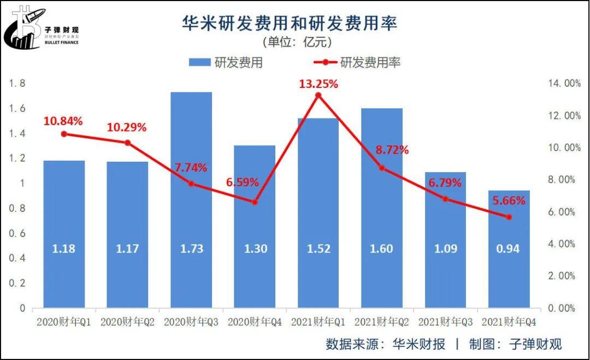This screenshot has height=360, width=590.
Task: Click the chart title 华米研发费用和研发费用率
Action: tap(290, 23)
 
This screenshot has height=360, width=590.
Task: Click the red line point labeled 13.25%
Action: tap(318, 96)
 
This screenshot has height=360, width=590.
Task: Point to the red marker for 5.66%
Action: tap(509, 217)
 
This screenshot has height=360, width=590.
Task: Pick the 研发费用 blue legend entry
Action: tap(225, 62)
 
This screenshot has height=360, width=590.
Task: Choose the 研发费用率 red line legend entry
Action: tap(355, 62)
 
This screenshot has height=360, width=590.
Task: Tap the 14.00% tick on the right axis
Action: tap(560, 84)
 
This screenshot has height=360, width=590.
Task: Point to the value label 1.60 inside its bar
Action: tap(382, 249)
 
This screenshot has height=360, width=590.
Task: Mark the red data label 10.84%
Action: tap(63, 121)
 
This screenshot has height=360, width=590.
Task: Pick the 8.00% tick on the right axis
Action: tap(560, 180)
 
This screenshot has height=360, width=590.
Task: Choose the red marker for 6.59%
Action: tap(255, 202)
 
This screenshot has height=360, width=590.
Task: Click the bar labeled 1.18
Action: tap(64, 234)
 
